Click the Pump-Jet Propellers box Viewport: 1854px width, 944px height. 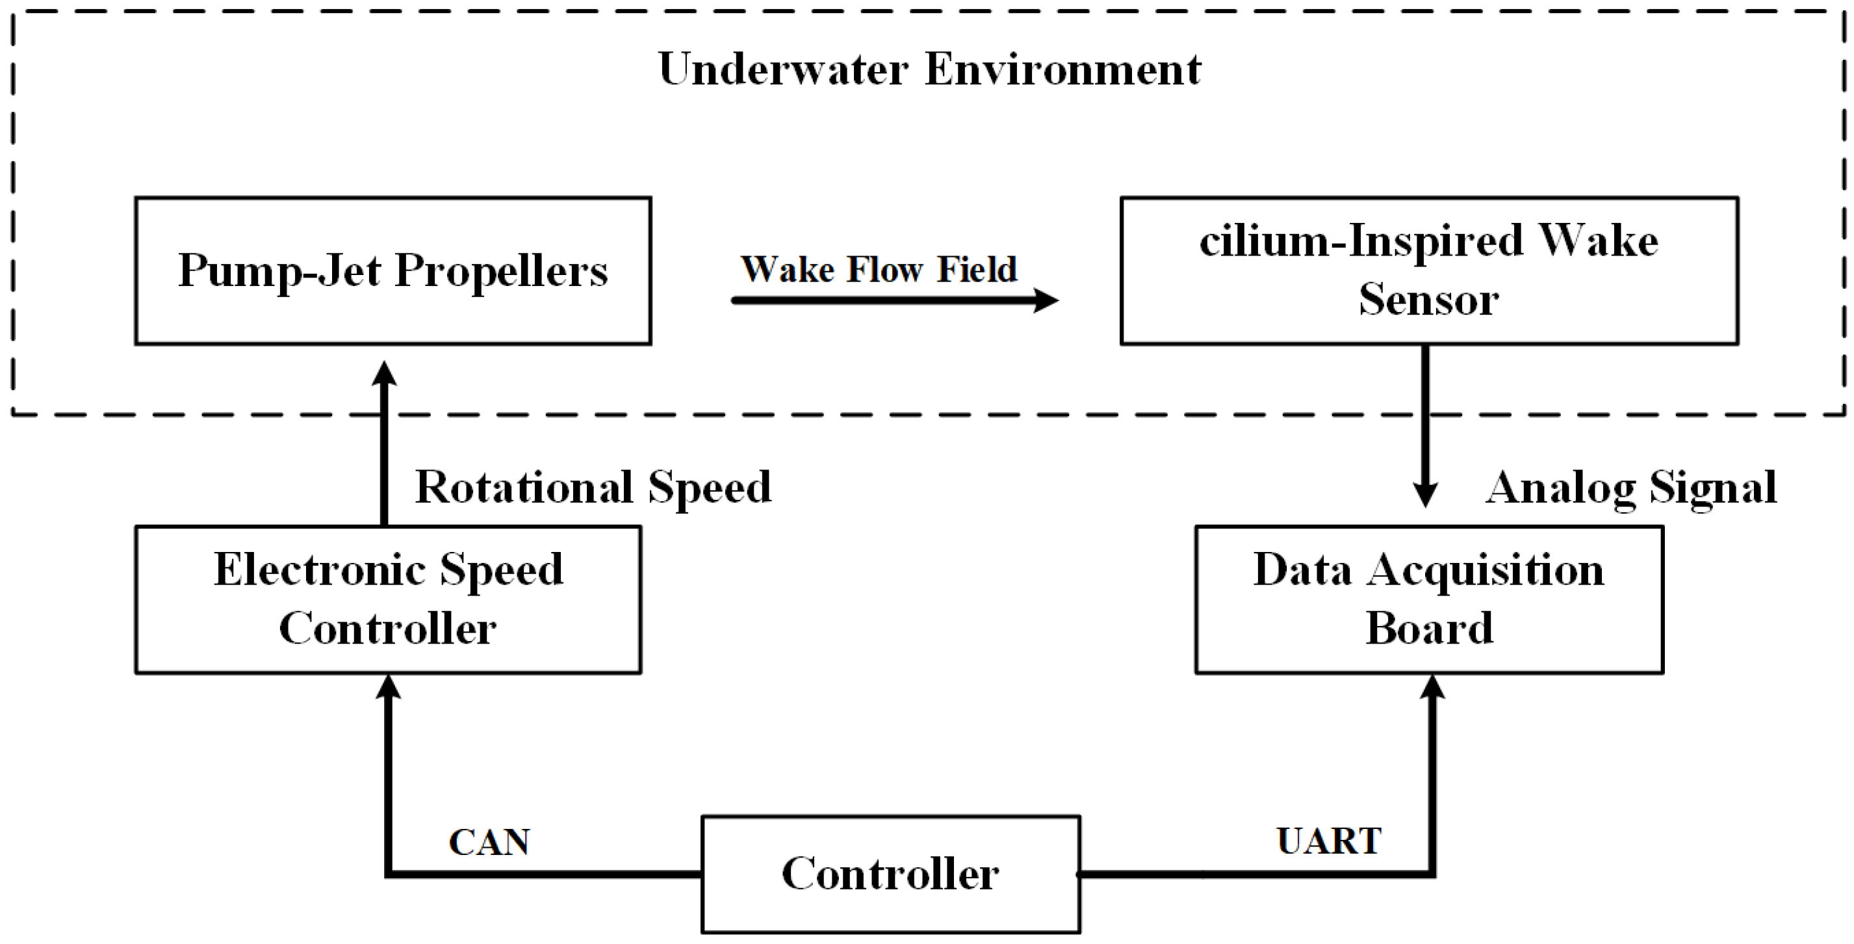393,270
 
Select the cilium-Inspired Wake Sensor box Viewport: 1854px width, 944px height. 1428,270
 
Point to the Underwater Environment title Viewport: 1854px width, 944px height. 929,70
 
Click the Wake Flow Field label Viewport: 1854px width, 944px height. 879,269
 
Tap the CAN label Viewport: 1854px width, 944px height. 489,841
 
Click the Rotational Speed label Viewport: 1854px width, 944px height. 593,488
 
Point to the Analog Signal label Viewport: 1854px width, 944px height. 1632,488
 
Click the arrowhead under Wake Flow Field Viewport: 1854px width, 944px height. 1045,300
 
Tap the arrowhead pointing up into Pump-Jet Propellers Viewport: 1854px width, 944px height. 384,374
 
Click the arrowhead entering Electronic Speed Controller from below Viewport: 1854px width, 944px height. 389,688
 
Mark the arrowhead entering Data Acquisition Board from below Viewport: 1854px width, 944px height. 1432,688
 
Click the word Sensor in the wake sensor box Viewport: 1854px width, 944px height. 1428,299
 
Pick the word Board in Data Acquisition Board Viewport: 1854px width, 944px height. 1428,628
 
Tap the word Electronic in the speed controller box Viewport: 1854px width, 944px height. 320,570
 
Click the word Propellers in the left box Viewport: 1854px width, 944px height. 501,270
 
